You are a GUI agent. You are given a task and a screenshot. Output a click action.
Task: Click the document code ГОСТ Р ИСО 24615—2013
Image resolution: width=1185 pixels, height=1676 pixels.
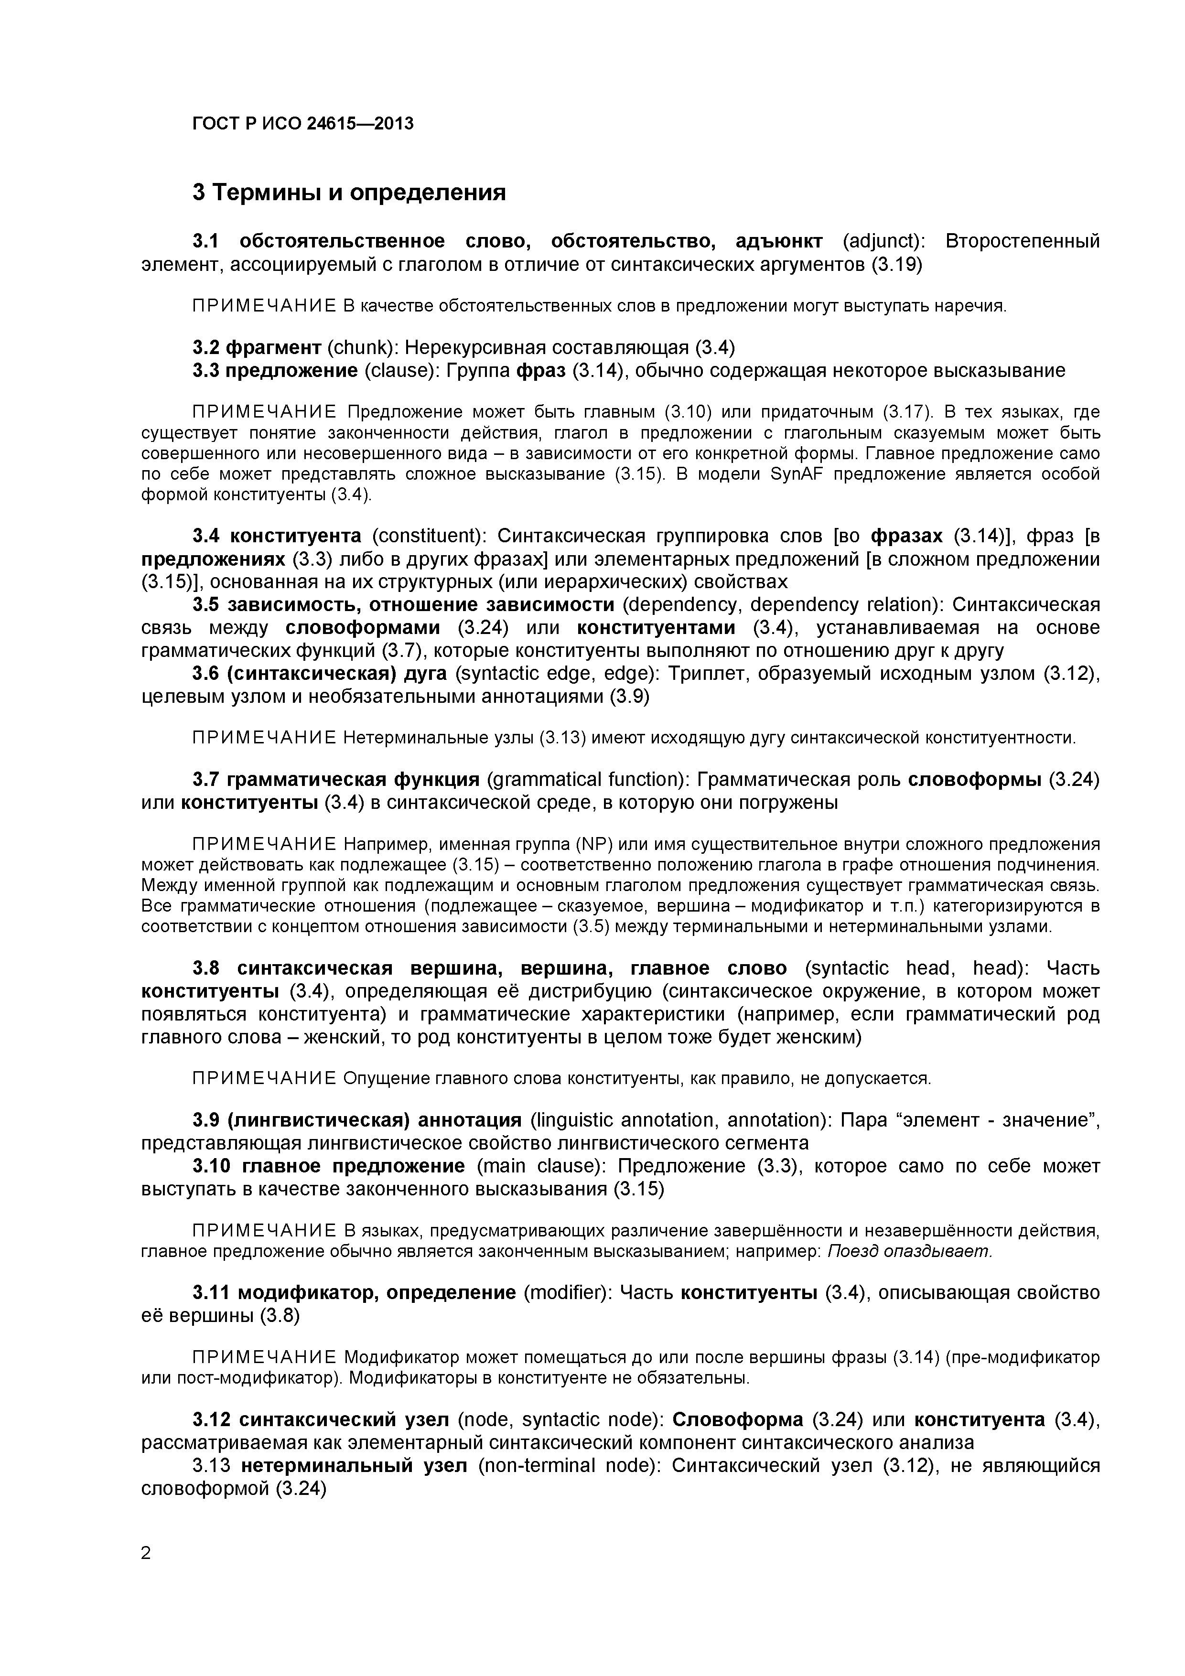tap(302, 124)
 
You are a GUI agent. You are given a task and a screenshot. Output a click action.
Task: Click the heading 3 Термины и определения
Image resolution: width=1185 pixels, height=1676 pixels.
tap(349, 193)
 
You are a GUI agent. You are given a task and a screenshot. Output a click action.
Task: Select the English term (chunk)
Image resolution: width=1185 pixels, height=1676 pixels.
tap(361, 347)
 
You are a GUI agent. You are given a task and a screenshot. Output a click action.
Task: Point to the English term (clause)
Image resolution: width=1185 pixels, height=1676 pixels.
tap(397, 370)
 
